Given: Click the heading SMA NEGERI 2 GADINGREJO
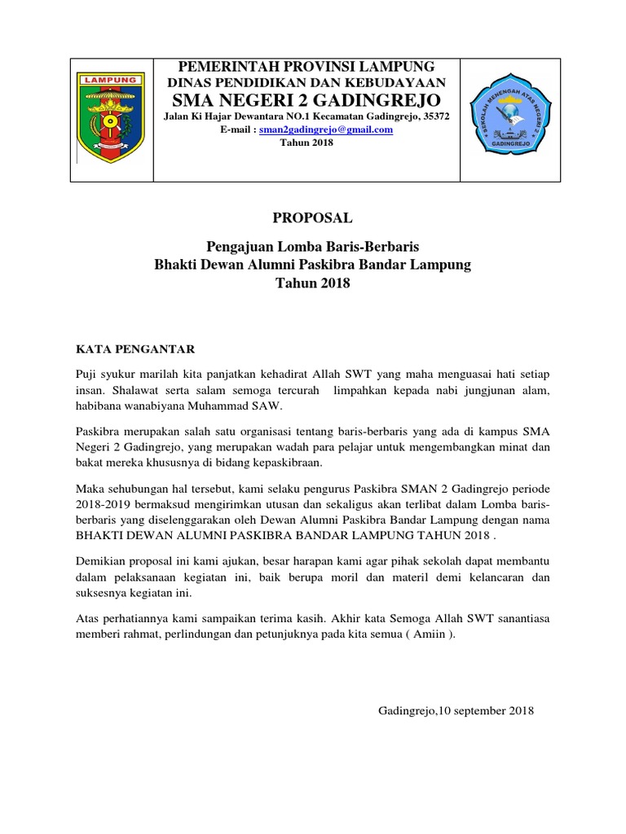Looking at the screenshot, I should click(x=307, y=100).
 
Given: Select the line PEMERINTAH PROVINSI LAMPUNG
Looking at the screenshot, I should click(x=306, y=67).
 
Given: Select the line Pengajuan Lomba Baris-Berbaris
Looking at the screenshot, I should click(x=312, y=247).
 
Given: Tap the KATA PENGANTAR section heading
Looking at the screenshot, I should click(x=130, y=349).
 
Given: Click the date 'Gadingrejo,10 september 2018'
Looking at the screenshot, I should click(x=456, y=711).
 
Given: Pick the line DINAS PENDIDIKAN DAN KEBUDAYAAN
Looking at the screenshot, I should click(x=306, y=83).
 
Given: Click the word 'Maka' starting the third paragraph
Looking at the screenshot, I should click(x=90, y=487).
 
